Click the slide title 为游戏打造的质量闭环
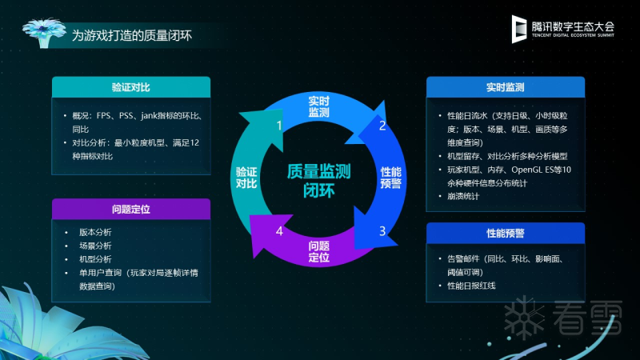tap(132, 35)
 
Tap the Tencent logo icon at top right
tap(518, 29)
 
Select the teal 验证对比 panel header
tap(131, 87)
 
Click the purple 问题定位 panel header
tap(131, 209)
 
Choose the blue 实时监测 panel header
tap(506, 87)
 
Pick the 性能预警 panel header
tap(506, 233)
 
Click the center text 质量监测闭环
tap(318, 181)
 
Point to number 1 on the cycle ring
tap(279, 126)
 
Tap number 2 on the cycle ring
tap(382, 126)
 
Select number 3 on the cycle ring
tap(382, 231)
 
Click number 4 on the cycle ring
tap(279, 231)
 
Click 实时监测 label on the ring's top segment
tap(318, 106)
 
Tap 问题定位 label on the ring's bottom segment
tap(318, 251)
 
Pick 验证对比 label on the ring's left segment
tap(246, 178)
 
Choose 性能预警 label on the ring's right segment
tap(391, 178)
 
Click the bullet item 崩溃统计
tap(463, 196)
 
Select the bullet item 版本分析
tap(95, 232)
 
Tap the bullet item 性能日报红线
tap(471, 286)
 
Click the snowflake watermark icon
tap(524, 318)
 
